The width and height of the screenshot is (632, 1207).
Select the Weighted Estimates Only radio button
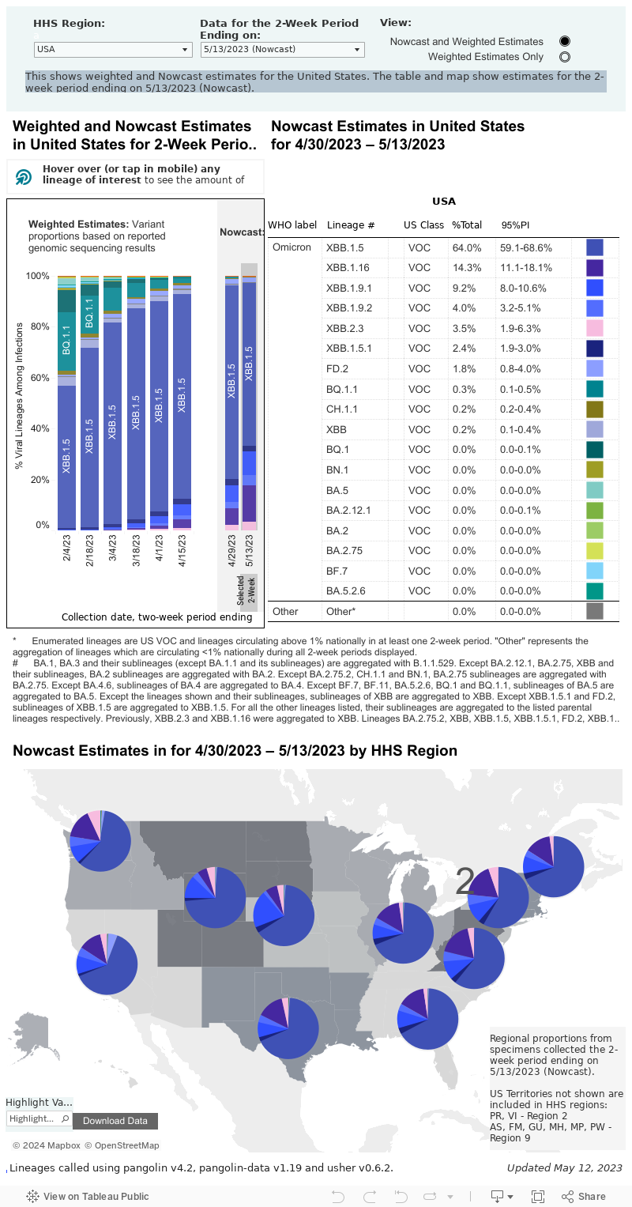[x=564, y=57]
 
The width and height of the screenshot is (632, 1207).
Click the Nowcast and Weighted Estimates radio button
[x=564, y=41]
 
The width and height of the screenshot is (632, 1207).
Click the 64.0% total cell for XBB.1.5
[x=466, y=247]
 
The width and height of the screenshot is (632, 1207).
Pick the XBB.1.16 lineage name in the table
[x=348, y=268]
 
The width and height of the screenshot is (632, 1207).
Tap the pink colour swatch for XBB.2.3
[x=595, y=328]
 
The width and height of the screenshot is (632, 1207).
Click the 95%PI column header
[x=515, y=225]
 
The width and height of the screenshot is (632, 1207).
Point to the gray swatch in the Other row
[x=595, y=611]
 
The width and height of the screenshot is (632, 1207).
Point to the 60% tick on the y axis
[x=38, y=378]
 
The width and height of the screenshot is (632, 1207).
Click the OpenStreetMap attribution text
[x=122, y=1145]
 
